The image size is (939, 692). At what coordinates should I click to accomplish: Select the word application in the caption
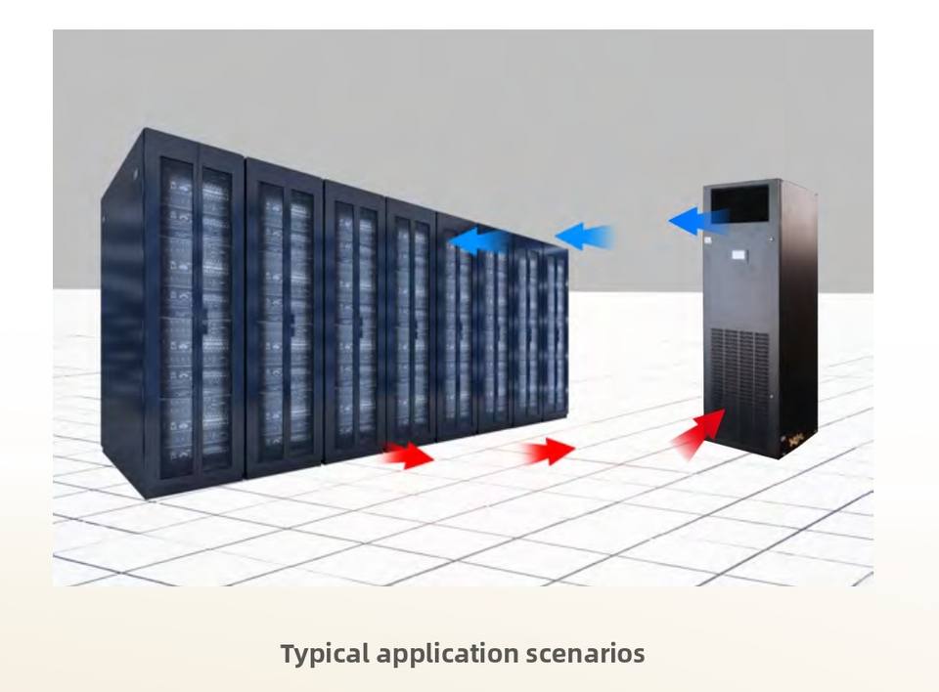[x=447, y=654]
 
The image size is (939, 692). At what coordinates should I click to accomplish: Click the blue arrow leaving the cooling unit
[x=698, y=222]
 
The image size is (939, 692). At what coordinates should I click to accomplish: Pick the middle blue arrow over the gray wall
[x=585, y=236]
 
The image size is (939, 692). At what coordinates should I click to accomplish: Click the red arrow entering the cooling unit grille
[x=698, y=433]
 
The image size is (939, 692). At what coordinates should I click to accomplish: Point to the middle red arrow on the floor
[x=549, y=451]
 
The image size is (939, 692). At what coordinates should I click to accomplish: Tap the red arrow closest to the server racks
[x=409, y=454]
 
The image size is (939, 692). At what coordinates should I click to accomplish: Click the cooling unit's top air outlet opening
[x=739, y=203]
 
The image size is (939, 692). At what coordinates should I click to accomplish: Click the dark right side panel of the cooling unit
[x=799, y=318]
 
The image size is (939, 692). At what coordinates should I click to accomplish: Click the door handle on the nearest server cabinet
[x=203, y=318]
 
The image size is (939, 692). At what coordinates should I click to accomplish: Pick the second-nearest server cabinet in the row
[x=285, y=318]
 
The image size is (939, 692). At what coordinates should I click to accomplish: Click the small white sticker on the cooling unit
[x=707, y=241]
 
